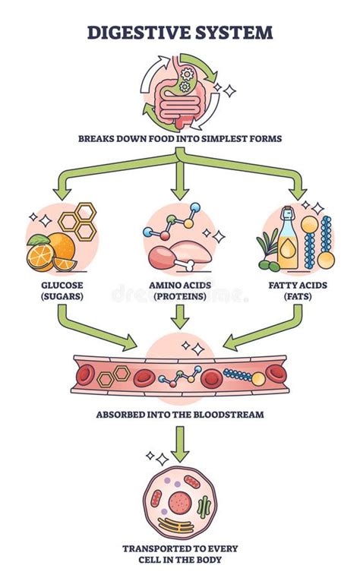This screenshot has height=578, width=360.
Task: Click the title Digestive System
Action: pyautogui.click(x=179, y=32)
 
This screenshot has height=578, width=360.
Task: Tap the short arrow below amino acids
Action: pyautogui.click(x=180, y=317)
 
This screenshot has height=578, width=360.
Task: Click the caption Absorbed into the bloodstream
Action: pyautogui.click(x=180, y=415)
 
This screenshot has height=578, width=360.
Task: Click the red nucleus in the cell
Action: pyautogui.click(x=181, y=502)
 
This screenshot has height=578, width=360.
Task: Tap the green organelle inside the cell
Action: pyautogui.click(x=204, y=506)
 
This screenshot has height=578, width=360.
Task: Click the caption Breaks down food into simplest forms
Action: pyautogui.click(x=180, y=138)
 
